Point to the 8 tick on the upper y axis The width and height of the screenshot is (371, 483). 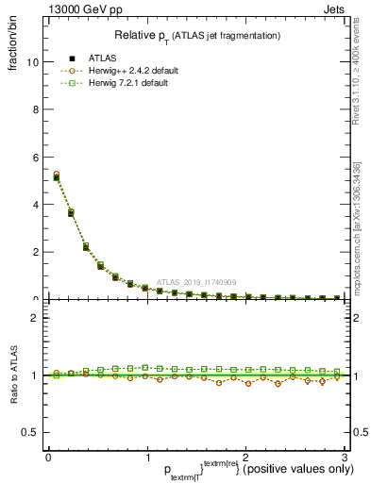point(35,109)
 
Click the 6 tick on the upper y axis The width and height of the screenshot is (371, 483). point(35,157)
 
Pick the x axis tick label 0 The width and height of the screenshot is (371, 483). point(48,458)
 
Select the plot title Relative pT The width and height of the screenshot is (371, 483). point(197,35)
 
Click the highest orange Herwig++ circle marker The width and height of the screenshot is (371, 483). point(57,175)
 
